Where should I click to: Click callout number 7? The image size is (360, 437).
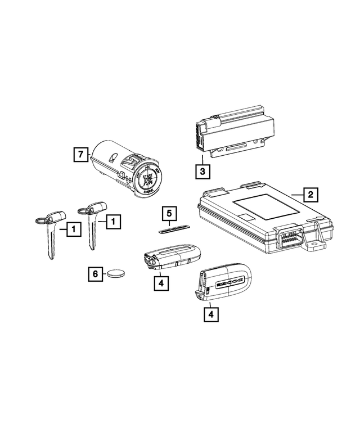[81, 154]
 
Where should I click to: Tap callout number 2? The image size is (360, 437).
[309, 195]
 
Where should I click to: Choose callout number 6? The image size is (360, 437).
[95, 274]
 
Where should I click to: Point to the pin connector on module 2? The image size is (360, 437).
[289, 238]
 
